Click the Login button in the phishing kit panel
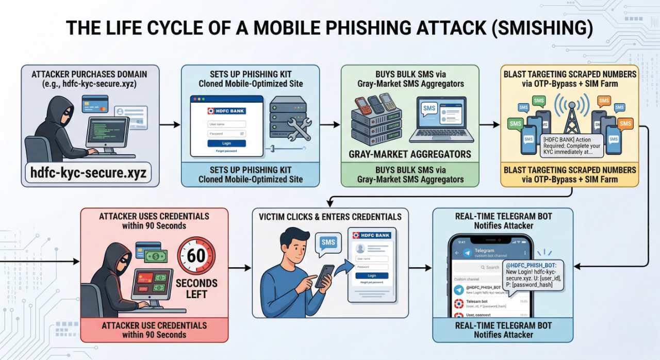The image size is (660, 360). coord(226,143)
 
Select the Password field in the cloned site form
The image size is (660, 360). coord(226,134)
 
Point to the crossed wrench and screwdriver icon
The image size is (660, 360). coord(299,129)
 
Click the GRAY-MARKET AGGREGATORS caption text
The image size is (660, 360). coord(410,154)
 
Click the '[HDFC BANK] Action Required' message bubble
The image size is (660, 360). coord(571,145)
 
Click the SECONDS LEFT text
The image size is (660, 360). coord(196,289)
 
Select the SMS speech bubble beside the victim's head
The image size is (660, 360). coord(328,244)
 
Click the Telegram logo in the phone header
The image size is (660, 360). coord(467,253)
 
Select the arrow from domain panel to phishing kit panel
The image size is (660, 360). coord(170,125)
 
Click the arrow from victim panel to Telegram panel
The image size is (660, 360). coord(421,268)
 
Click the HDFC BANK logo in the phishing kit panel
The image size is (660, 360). coord(226,111)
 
